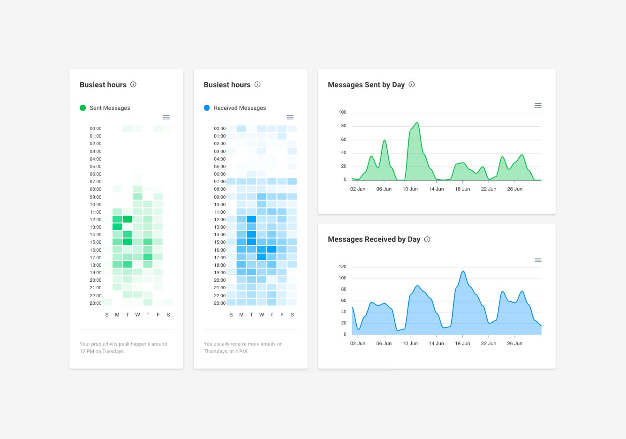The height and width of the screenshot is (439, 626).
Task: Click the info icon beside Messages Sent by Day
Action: [412, 85]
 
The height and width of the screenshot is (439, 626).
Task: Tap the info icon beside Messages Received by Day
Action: [427, 239]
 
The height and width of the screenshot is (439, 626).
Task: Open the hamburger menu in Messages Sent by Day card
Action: [538, 106]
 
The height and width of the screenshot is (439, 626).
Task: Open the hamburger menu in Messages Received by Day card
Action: [538, 260]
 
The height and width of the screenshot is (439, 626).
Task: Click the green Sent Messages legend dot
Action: [83, 108]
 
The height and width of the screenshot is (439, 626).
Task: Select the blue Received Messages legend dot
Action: [207, 108]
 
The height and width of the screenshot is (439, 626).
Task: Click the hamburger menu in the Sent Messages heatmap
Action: [166, 117]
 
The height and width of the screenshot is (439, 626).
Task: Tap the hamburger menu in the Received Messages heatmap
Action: [290, 117]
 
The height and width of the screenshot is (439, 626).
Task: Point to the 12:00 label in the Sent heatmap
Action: [96, 220]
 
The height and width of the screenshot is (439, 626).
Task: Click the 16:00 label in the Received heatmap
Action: [220, 250]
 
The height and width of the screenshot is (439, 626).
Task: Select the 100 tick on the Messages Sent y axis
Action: [342, 112]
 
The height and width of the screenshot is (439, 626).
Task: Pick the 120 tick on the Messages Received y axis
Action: [342, 267]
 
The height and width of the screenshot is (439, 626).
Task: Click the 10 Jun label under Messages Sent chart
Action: [410, 189]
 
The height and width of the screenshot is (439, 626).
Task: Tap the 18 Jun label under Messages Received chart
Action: [462, 344]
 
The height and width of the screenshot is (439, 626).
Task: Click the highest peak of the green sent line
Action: [417, 123]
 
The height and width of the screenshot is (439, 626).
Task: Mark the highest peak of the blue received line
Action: [463, 271]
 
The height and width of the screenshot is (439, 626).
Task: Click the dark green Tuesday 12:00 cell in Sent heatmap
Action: [127, 219]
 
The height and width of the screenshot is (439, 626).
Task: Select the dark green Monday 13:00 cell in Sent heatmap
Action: [117, 227]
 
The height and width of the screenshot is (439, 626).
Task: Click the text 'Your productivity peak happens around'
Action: [123, 344]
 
